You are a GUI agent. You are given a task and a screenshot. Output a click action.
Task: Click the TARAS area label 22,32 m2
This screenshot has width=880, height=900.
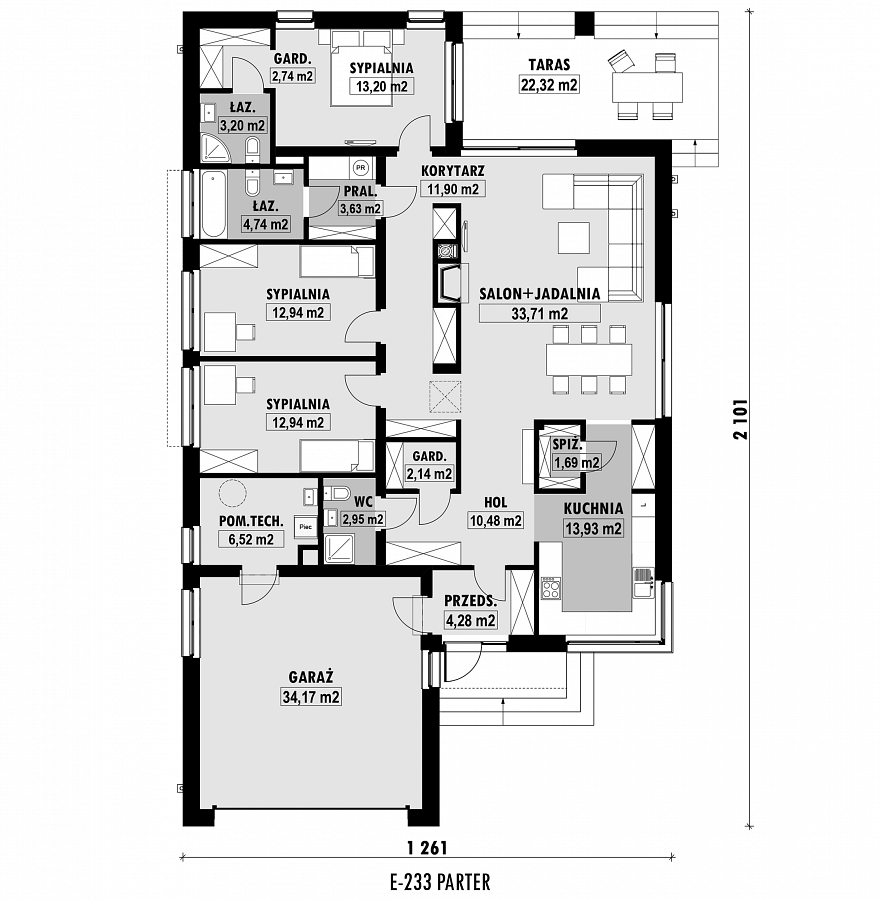[549, 85]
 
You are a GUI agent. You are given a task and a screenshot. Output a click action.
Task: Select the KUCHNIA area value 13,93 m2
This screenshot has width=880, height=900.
[594, 528]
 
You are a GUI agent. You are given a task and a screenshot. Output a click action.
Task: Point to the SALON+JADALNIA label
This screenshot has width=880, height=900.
[540, 294]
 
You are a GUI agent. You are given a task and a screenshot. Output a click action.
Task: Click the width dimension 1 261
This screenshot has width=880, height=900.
[427, 847]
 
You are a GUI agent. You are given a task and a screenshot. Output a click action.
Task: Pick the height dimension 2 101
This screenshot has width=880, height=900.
[741, 419]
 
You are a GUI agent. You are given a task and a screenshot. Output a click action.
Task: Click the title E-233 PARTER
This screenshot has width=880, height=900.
[440, 881]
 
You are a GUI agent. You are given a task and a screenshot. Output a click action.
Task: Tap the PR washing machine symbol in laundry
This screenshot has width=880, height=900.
[360, 168]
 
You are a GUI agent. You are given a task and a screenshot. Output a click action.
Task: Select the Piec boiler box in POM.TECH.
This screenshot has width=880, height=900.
[305, 526]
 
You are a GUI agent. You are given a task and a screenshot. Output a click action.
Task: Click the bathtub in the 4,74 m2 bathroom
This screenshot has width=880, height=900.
[214, 204]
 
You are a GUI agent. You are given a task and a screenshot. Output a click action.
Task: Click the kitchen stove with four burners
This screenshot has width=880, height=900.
[552, 589]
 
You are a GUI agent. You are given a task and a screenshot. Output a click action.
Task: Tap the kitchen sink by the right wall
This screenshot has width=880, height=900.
[643, 582]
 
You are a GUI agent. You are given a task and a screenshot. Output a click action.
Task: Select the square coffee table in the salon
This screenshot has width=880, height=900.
[573, 238]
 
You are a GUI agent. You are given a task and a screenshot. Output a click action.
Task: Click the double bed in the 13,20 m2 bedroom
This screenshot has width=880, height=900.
[362, 68]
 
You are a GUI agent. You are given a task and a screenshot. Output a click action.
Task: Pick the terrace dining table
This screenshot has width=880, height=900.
[647, 87]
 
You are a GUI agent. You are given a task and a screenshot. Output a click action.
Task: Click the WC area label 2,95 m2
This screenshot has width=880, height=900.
[363, 519]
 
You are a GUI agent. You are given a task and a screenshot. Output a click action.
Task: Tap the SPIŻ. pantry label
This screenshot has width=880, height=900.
[567, 444]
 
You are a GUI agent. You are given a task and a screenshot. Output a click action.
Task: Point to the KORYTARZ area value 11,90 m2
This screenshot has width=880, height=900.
[453, 189]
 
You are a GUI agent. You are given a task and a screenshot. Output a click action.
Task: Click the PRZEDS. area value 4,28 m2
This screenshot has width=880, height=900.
[470, 620]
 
